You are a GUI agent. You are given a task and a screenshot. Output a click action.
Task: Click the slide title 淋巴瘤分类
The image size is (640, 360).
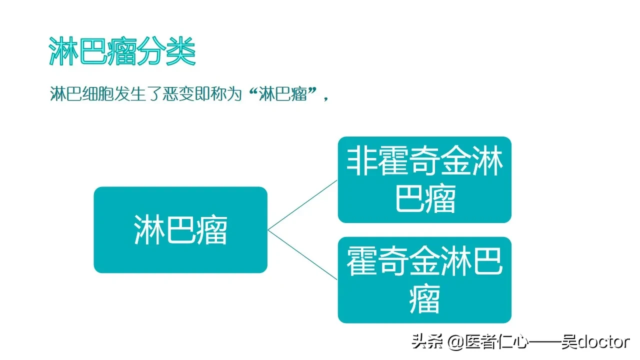click(122, 51)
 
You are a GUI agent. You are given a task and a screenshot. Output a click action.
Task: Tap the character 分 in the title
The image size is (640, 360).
click(151, 51)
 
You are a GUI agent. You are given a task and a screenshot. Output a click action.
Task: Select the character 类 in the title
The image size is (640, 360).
click(180, 51)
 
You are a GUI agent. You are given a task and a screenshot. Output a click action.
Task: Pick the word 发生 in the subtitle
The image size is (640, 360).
click(130, 94)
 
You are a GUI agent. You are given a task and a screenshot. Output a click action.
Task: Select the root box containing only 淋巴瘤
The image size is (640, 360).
click(180, 230)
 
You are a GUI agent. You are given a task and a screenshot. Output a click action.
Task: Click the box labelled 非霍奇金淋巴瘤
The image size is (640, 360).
click(424, 179)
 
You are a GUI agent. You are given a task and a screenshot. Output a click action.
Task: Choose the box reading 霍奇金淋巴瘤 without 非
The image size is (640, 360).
click(424, 280)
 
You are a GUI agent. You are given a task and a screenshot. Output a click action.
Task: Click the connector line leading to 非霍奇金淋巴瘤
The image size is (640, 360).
click(302, 205)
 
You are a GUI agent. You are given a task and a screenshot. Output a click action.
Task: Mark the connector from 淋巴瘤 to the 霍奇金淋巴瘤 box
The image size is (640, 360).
click(302, 255)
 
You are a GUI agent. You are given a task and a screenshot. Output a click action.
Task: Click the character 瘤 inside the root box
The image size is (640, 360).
click(212, 230)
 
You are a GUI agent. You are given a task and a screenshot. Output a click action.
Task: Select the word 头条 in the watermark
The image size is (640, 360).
click(427, 341)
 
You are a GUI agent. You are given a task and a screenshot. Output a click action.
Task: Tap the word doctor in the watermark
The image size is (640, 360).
click(605, 341)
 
